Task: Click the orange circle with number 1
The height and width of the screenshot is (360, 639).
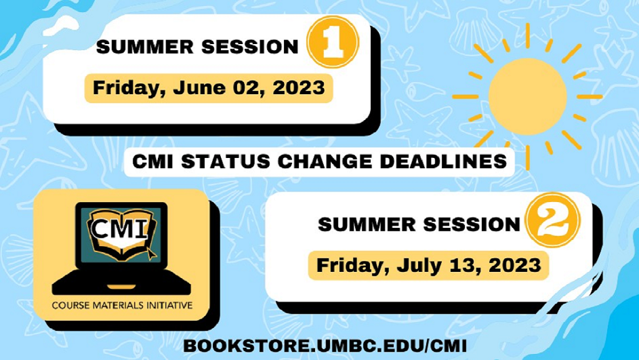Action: coord(333,42)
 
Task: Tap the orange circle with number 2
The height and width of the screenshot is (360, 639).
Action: coord(552,220)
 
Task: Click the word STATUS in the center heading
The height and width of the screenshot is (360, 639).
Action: coord(226,162)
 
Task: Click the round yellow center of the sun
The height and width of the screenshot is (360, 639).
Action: coord(527,97)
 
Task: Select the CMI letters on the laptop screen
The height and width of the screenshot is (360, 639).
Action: coord(119,230)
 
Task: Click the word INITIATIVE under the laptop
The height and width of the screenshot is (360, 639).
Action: coord(168,305)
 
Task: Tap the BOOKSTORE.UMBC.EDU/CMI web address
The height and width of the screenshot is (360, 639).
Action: coord(325,346)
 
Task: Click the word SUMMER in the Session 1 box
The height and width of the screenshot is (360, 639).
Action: coord(145,47)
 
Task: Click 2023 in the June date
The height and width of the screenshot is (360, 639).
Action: coord(299,87)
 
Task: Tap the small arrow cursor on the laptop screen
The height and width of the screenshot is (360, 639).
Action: coord(151,254)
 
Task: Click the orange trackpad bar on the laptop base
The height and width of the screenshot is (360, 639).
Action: coord(121,287)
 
